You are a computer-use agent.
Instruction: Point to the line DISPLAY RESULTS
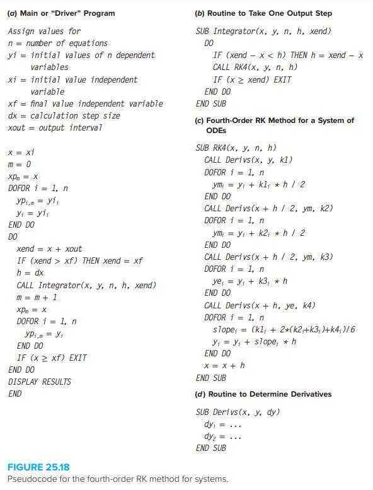(40, 382)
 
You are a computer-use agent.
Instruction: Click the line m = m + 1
(37, 297)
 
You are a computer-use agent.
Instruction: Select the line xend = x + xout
(49, 248)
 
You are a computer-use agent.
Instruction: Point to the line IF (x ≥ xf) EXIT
(52, 358)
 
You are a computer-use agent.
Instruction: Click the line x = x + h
(225, 366)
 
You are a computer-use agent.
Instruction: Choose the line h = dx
(30, 273)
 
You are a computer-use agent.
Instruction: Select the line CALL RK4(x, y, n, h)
(255, 67)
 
